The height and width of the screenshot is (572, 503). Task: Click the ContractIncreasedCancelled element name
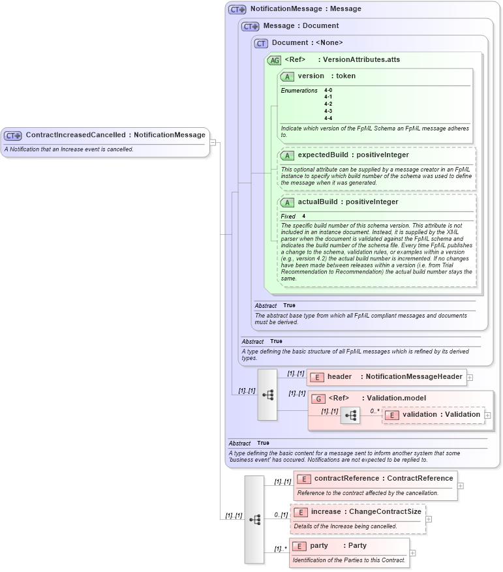[x=75, y=135]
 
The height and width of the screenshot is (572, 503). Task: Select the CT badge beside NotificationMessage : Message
[x=237, y=9]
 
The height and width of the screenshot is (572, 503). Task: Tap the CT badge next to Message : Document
[x=251, y=26]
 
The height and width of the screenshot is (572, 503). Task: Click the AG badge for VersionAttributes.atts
[x=274, y=60]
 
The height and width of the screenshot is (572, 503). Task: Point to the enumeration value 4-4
[x=328, y=118]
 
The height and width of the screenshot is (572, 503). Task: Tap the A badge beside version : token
[x=287, y=76]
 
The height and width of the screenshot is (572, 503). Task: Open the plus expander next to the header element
[x=470, y=377]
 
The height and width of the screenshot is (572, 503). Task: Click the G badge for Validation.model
[x=318, y=399]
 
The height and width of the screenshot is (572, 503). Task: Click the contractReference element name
[x=346, y=478]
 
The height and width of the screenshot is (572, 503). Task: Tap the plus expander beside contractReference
[x=461, y=485]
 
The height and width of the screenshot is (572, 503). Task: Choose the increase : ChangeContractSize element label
[x=366, y=512]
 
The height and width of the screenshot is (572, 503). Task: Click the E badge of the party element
[x=299, y=546]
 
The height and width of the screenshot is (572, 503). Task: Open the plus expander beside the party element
[x=413, y=553]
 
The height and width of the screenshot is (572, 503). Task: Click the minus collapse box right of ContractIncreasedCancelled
[x=213, y=142]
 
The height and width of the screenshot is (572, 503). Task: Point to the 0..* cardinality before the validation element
[x=374, y=411]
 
